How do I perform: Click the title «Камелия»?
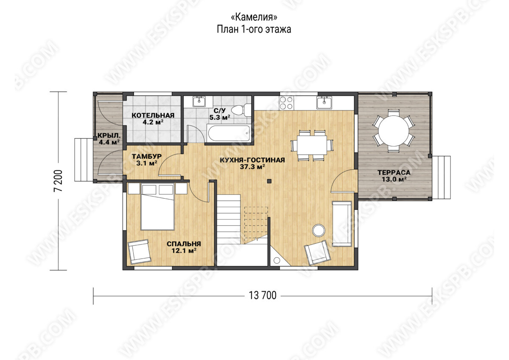pyautogui.click(x=254, y=17)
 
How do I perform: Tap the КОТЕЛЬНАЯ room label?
pyautogui.click(x=153, y=115)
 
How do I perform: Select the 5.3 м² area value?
pyautogui.click(x=220, y=118)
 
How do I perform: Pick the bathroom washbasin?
pyautogui.click(x=199, y=101)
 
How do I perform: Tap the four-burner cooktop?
pyautogui.click(x=286, y=103)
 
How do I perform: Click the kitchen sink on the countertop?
pyautogui.click(x=324, y=102)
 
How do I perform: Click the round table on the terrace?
pyautogui.click(x=394, y=131)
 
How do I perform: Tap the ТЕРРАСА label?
pyautogui.click(x=394, y=173)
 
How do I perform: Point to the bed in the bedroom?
pyautogui.click(x=157, y=207)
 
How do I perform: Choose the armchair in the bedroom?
pyautogui.click(x=140, y=252)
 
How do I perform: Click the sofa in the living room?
pyautogui.click(x=342, y=224)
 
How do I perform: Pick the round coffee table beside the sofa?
pyautogui.click(x=319, y=231)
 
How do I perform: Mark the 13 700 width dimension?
pyautogui.click(x=263, y=295)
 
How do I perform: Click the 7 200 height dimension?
pyautogui.click(x=58, y=181)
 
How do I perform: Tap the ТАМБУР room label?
pyautogui.click(x=147, y=157)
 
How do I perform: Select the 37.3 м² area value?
pyautogui.click(x=252, y=167)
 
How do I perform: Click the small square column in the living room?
pyautogui.click(x=269, y=181)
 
